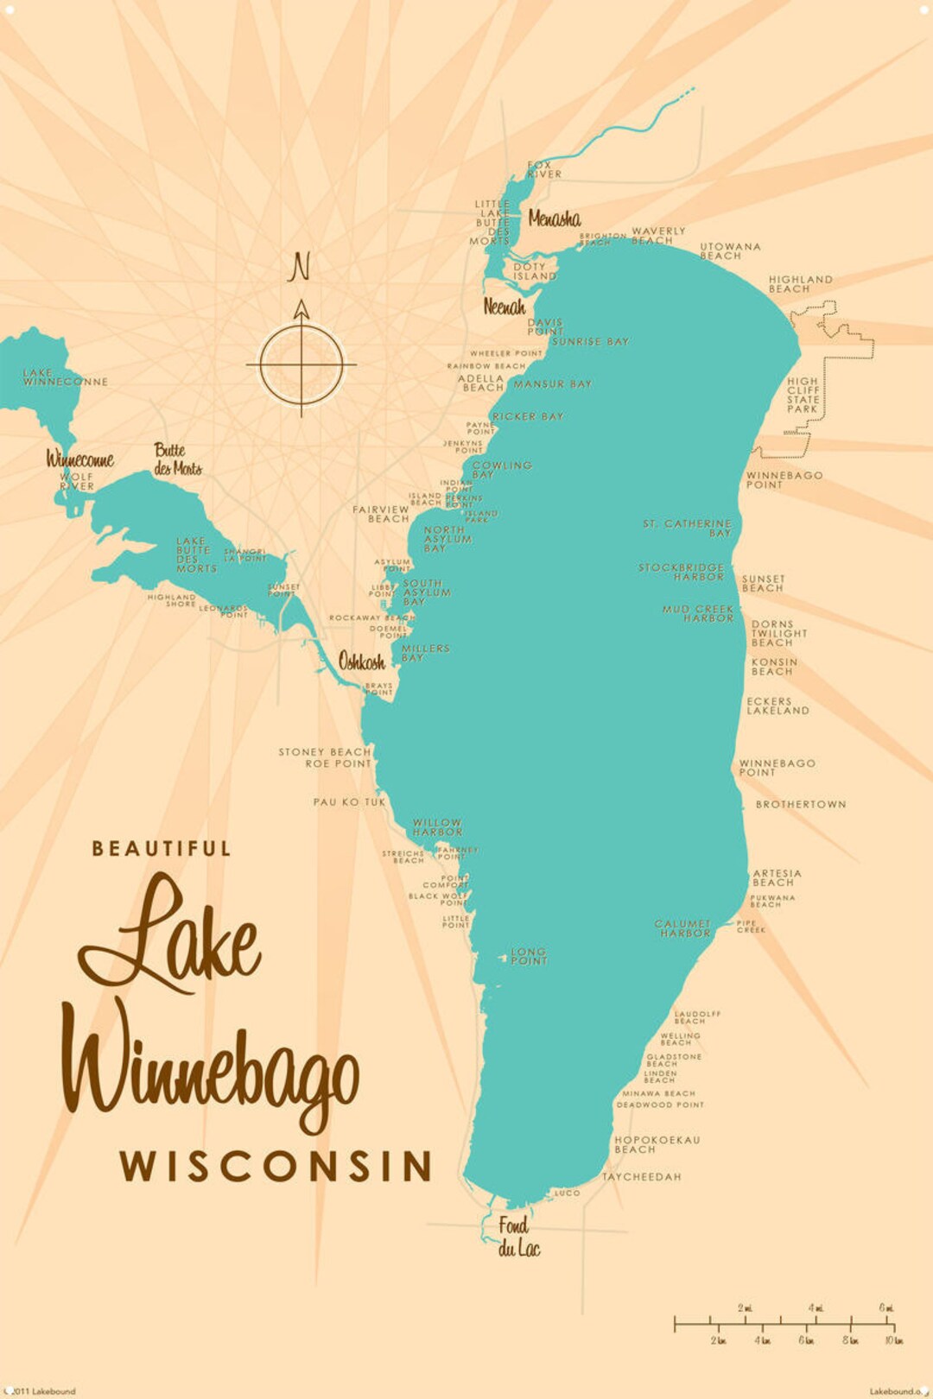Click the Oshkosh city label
click(361, 662)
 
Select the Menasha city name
click(554, 218)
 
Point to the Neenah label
click(504, 307)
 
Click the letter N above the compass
click(299, 267)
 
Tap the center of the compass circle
click(301, 364)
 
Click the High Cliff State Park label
click(803, 395)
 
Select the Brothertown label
click(801, 804)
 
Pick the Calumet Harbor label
click(682, 928)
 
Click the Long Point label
click(529, 955)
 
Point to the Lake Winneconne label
click(65, 377)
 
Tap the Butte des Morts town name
click(177, 459)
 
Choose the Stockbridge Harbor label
click(682, 572)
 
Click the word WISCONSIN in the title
click(276, 1166)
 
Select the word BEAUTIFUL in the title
click(162, 849)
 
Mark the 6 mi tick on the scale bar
click(886, 1321)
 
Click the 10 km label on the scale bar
click(893, 1340)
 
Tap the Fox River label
click(544, 169)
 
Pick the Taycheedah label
click(641, 1177)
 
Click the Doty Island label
click(535, 272)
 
